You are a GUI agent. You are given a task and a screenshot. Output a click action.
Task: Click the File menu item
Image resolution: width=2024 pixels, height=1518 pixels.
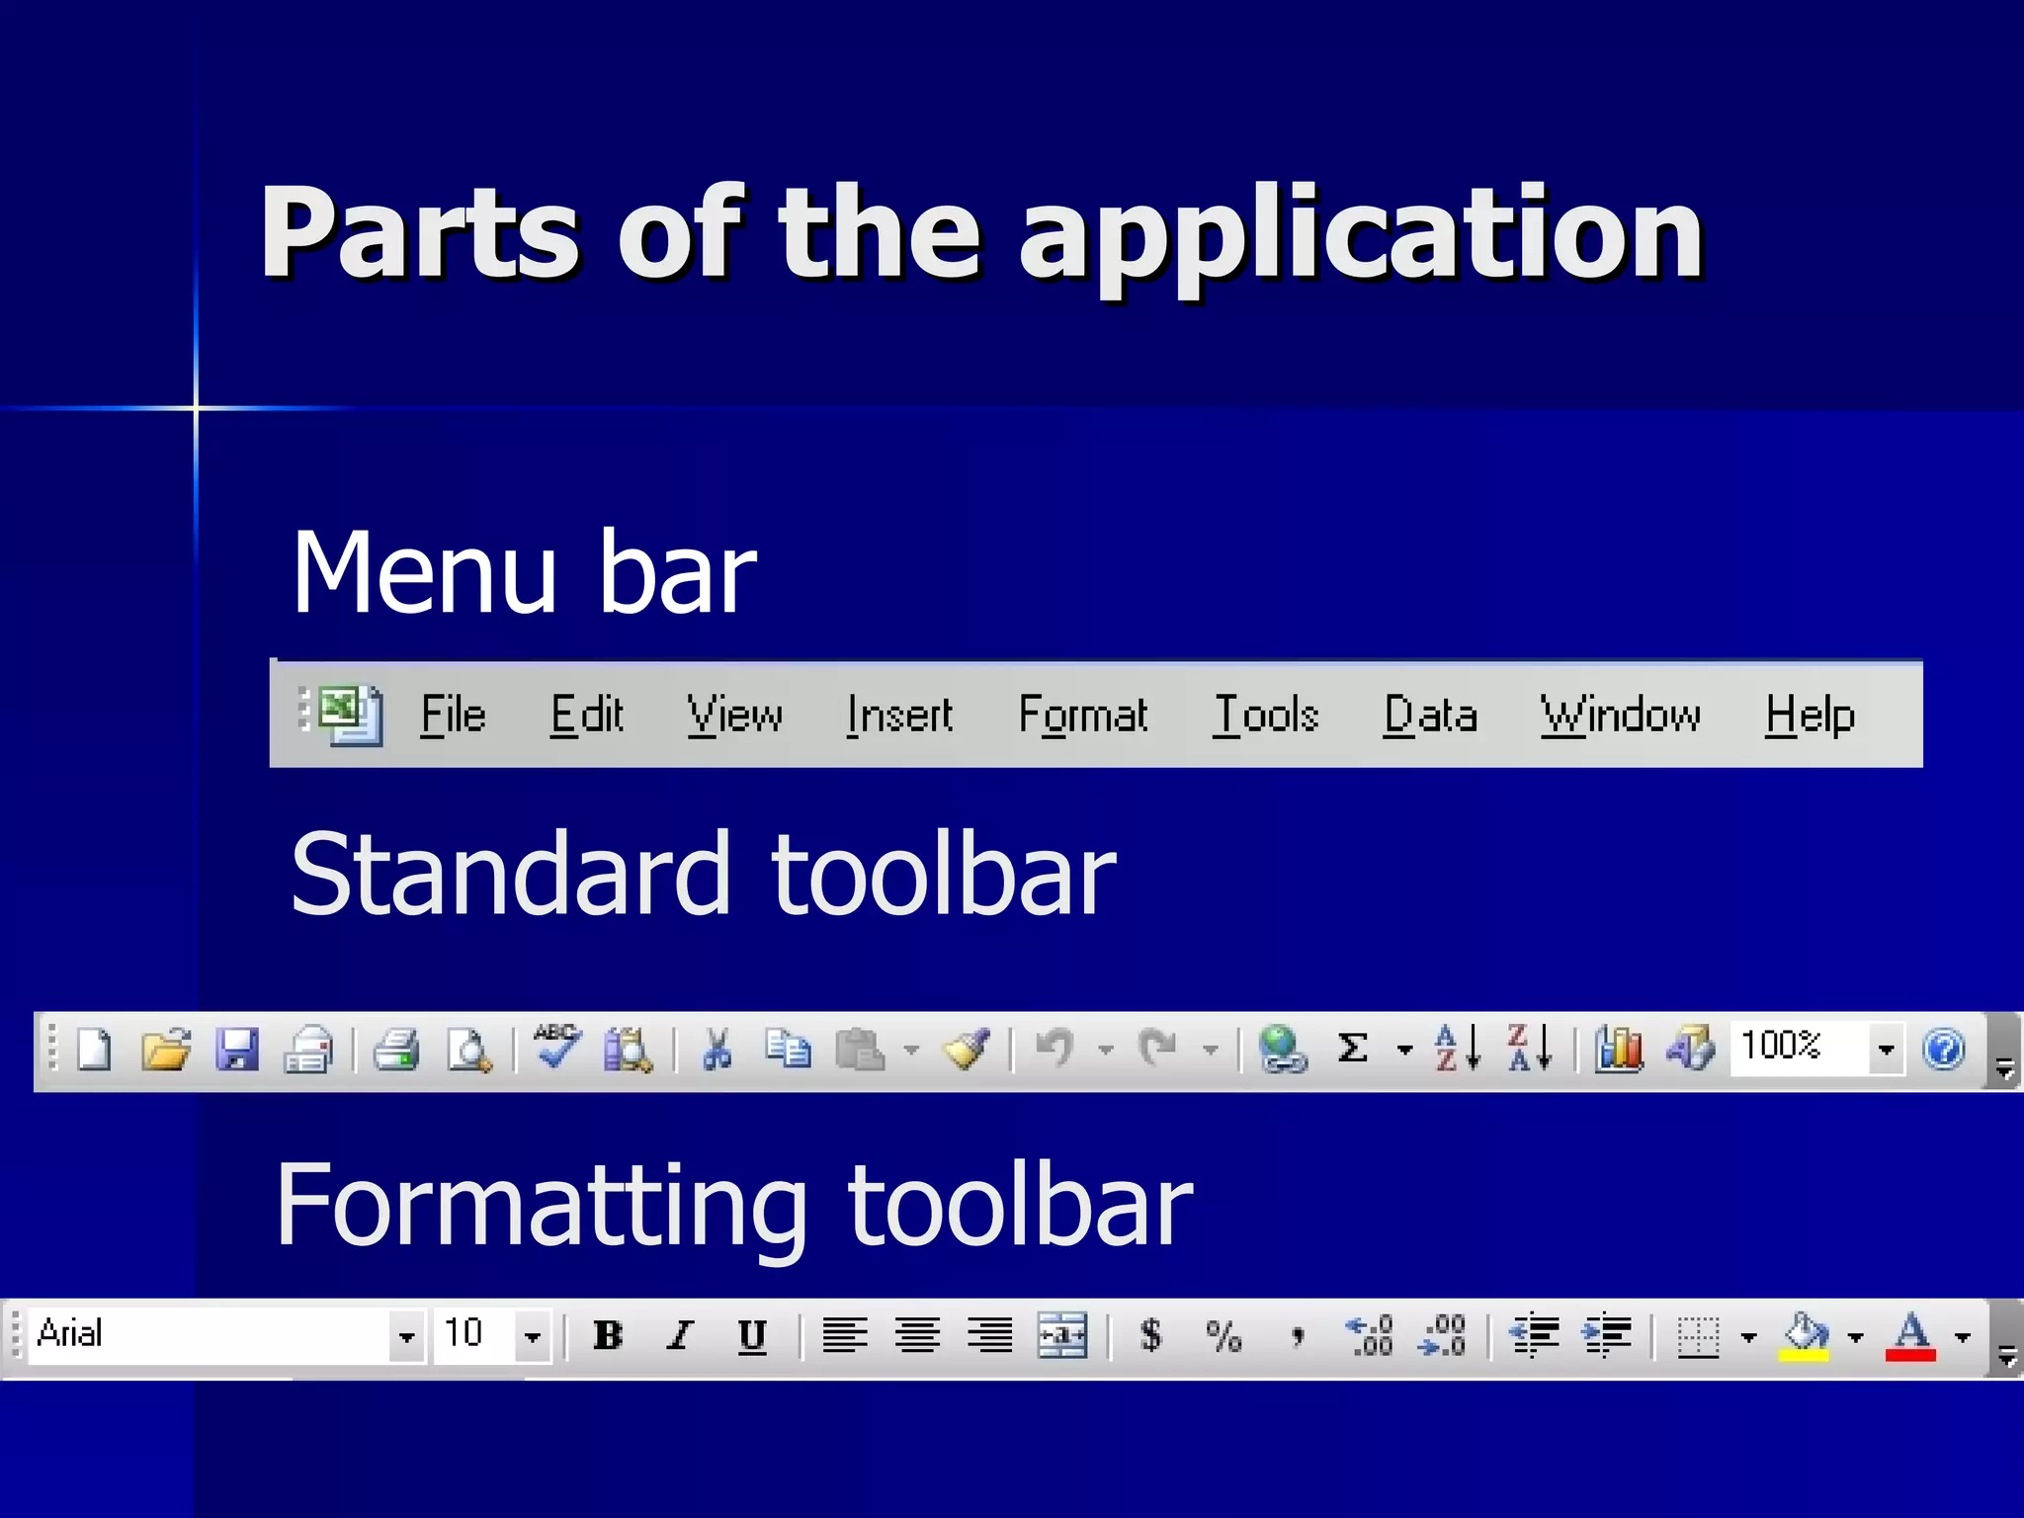(453, 715)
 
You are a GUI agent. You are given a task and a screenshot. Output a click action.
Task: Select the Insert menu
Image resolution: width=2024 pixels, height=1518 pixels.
(899, 715)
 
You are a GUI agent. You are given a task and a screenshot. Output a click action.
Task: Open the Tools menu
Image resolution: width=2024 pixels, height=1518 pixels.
(1266, 715)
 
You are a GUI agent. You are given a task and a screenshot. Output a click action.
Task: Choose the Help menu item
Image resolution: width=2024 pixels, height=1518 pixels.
(1810, 715)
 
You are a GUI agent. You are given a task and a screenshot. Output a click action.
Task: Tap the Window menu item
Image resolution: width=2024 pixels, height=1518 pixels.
(1621, 715)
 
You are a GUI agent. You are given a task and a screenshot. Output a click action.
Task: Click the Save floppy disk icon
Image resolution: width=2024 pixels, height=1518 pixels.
(237, 1050)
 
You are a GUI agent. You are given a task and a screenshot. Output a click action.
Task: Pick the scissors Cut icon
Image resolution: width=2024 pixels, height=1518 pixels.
(717, 1050)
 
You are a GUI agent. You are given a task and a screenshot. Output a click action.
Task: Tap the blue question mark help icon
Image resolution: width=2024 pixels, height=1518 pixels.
(1943, 1049)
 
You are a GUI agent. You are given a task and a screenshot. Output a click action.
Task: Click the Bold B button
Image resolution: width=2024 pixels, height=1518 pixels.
(608, 1336)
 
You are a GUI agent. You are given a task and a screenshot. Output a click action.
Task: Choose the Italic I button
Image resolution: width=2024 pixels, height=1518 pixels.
(680, 1336)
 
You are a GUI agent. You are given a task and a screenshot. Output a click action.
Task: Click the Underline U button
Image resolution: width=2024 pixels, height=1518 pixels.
(752, 1336)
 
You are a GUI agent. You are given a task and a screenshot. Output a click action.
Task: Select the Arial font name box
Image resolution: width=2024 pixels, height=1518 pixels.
(208, 1334)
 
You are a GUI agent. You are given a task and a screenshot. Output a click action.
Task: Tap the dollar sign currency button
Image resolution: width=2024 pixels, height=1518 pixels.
(1150, 1336)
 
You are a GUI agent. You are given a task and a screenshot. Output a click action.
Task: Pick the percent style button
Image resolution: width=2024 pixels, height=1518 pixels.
(1223, 1336)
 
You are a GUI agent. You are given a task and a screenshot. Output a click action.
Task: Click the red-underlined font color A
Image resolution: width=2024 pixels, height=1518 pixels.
(1910, 1336)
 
